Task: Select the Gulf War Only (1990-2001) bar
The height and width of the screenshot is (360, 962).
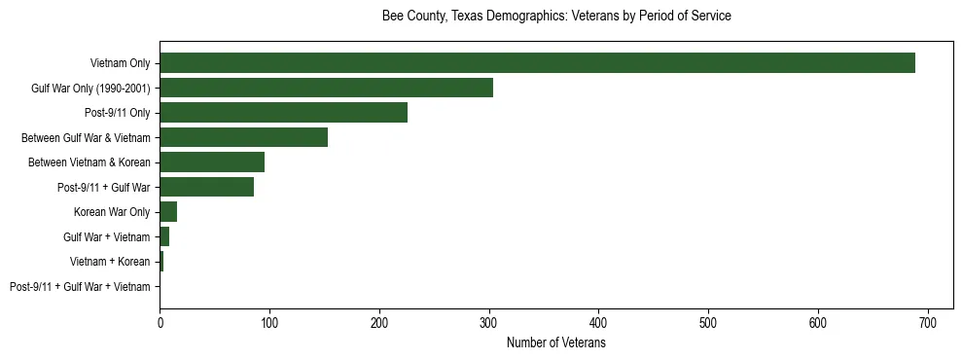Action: coord(326,88)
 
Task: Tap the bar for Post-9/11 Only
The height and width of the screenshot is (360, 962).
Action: coord(283,112)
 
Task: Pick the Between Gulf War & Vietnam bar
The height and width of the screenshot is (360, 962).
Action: coord(243,137)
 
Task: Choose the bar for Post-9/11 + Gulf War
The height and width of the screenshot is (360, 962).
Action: coord(206,187)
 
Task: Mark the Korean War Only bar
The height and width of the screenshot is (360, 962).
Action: coord(168,212)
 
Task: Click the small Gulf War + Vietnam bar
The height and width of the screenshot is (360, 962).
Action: coord(164,236)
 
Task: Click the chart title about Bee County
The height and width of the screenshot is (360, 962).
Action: coord(555,17)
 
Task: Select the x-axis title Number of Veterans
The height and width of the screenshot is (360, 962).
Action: coord(555,343)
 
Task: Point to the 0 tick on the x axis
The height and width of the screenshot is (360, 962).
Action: coord(160,322)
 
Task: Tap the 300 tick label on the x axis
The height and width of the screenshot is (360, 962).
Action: coord(489,322)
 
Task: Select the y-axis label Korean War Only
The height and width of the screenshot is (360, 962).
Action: coord(112,212)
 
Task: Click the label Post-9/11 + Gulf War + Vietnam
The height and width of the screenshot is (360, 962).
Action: coord(80,287)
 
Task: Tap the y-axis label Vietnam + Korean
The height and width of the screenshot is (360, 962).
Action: coord(110,262)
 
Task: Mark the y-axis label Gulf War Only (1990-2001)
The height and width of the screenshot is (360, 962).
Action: coord(90,89)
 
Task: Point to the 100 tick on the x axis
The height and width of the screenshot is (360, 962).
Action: coord(269,322)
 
